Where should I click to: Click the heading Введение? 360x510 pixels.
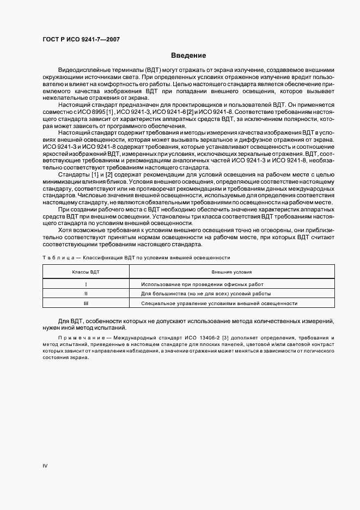tap(188, 55)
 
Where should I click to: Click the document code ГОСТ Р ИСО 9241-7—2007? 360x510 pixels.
tap(81, 40)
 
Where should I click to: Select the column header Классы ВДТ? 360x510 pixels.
tap(86, 271)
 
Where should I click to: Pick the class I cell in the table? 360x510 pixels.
tap(86, 284)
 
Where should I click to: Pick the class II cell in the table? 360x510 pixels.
tap(86, 294)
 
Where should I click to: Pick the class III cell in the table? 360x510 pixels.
tap(86, 303)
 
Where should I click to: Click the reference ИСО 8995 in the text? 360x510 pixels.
tap(92, 111)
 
